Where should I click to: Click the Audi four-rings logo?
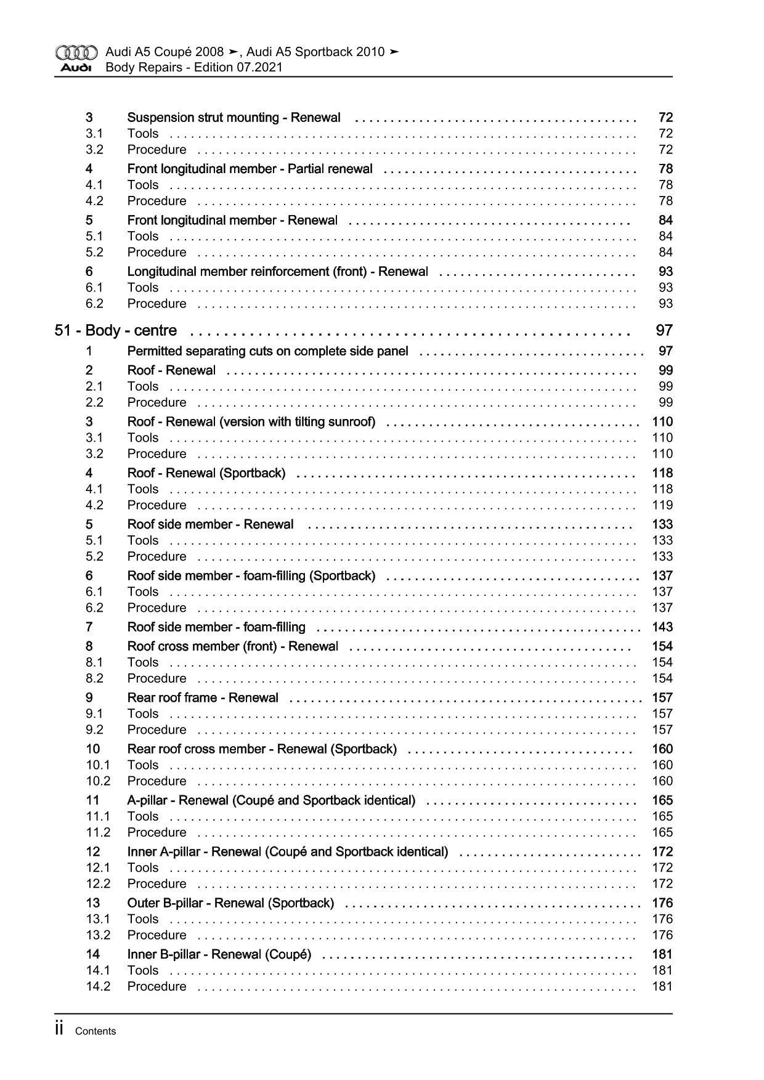coord(76,52)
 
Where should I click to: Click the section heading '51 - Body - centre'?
coord(116,331)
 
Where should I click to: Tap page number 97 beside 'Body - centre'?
coord(664,331)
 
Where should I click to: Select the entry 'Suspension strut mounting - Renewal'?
coord(234,118)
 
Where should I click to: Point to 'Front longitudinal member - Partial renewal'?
coord(250,169)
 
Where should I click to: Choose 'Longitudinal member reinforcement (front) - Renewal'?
coord(277,272)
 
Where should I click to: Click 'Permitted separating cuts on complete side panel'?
coord(267,351)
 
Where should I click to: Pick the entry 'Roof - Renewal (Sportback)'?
coord(206,473)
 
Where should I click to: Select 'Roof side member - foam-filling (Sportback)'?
coord(251,576)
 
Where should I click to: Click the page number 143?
coord(662,627)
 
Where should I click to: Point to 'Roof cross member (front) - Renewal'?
coord(232,646)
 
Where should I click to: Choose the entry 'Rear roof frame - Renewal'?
coord(203,698)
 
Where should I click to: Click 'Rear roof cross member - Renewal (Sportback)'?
coord(262,749)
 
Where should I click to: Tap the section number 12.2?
coord(98,884)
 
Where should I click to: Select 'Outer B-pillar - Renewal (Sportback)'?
coord(230,903)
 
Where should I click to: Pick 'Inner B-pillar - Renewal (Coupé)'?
coord(219,954)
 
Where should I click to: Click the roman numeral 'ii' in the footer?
coord(60,1029)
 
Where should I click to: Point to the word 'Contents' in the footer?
coord(95,1031)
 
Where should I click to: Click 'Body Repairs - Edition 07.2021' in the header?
coord(193,68)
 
